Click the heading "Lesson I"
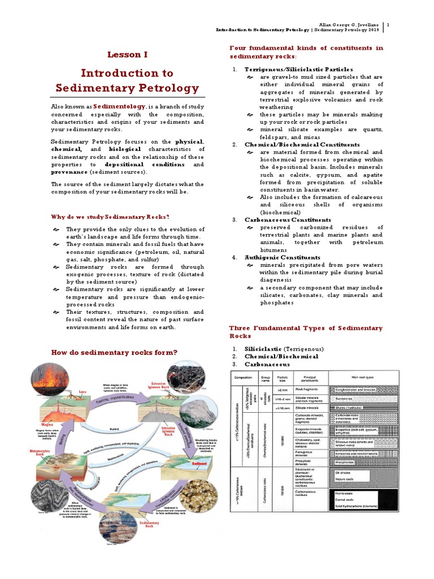coord(127,55)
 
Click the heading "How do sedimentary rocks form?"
coord(114,352)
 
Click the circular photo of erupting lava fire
coord(65,376)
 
